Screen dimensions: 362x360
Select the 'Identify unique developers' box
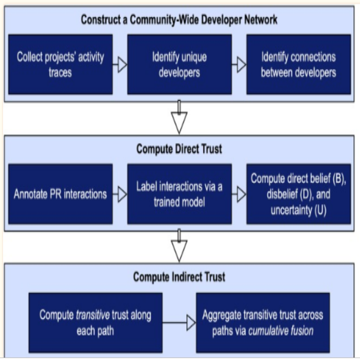(179, 64)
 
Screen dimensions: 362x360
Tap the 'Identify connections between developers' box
(298, 64)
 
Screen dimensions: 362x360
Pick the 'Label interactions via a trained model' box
(179, 194)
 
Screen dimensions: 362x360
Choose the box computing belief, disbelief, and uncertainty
(298, 194)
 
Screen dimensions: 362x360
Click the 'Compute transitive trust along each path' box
(95, 323)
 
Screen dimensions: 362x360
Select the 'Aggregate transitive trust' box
(263, 323)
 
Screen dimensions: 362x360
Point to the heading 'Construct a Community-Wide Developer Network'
(179, 20)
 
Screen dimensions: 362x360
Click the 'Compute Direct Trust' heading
(179, 149)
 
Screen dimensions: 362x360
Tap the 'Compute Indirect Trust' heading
(179, 277)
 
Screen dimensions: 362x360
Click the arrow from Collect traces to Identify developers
(120, 65)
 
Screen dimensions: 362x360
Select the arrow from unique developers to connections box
(239, 65)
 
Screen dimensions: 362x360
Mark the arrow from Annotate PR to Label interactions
(120, 194)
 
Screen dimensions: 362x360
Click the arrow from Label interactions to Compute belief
(239, 194)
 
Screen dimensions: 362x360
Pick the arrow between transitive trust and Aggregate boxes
(179, 323)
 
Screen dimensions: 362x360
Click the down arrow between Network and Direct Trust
(179, 117)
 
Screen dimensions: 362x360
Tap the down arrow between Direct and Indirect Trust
(179, 245)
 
